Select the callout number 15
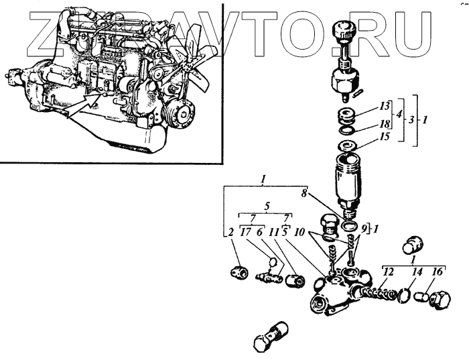(x=383, y=137)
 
